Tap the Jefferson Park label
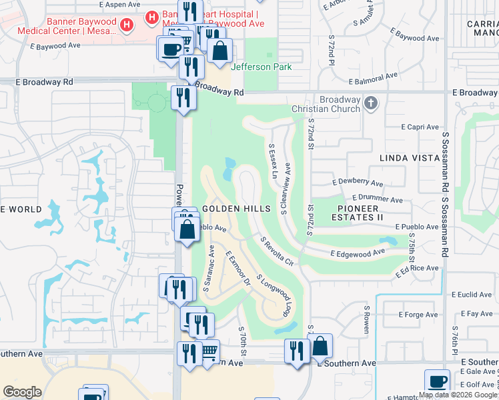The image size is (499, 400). (261, 67)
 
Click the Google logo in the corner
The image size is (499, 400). (22, 392)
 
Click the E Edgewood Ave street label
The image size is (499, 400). (359, 253)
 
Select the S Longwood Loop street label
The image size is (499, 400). (275, 297)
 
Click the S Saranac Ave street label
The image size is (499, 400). (207, 268)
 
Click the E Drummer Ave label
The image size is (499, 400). (377, 199)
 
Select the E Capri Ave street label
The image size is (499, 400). (420, 127)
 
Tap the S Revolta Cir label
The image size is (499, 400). (276, 251)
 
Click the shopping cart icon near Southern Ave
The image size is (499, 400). (209, 350)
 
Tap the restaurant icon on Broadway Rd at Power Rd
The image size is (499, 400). (182, 97)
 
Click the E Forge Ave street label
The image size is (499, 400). (418, 315)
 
